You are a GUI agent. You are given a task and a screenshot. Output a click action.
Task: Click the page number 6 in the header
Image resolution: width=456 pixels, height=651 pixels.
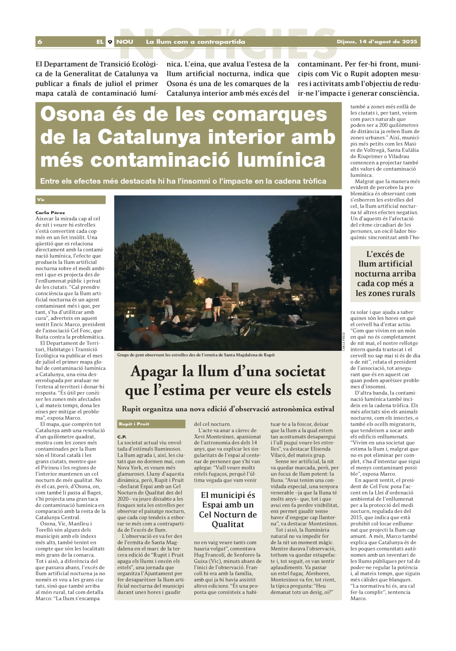[40, 42]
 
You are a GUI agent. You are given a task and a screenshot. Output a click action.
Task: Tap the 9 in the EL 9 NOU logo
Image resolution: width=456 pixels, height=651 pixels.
[110, 42]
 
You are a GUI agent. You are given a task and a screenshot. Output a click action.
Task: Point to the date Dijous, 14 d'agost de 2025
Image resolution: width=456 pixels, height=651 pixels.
[377, 42]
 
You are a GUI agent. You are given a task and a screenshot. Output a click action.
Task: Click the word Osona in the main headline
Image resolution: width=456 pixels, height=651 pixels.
[73, 114]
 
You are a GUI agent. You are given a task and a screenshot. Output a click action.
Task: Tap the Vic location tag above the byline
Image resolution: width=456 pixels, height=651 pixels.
[41, 200]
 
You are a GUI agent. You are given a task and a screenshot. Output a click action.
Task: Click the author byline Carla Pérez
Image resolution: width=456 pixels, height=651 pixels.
[50, 213]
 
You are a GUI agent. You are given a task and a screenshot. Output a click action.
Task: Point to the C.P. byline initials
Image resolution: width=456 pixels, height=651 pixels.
[122, 437]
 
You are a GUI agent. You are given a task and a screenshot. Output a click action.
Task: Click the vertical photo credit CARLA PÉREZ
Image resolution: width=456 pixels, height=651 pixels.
[344, 341]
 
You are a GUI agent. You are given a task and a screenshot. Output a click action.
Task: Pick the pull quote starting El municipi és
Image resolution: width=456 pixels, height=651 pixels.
[228, 509]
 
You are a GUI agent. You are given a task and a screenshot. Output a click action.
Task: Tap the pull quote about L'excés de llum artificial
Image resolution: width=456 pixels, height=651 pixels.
[385, 274]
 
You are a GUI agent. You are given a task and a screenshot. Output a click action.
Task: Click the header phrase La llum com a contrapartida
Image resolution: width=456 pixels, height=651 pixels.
[195, 42]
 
